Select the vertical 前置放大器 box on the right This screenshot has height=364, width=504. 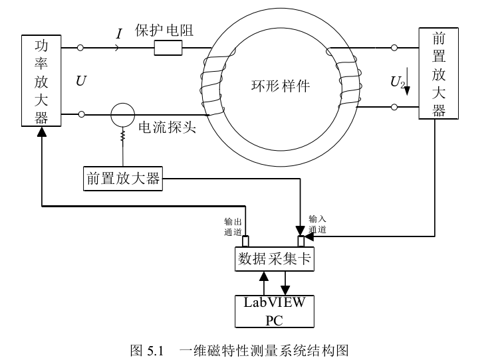(439, 73)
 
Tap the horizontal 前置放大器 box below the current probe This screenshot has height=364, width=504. (123, 179)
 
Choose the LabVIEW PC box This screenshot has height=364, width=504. (274, 311)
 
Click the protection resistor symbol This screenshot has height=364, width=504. (168, 48)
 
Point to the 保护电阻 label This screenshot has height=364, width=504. (164, 31)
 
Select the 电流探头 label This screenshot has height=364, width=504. (167, 128)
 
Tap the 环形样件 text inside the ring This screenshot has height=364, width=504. (280, 86)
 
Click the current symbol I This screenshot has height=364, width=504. (119, 33)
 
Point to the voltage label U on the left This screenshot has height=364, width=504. (80, 81)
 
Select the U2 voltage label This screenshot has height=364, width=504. (397, 82)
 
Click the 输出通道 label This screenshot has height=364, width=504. (234, 227)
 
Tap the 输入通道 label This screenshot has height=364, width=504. (318, 224)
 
